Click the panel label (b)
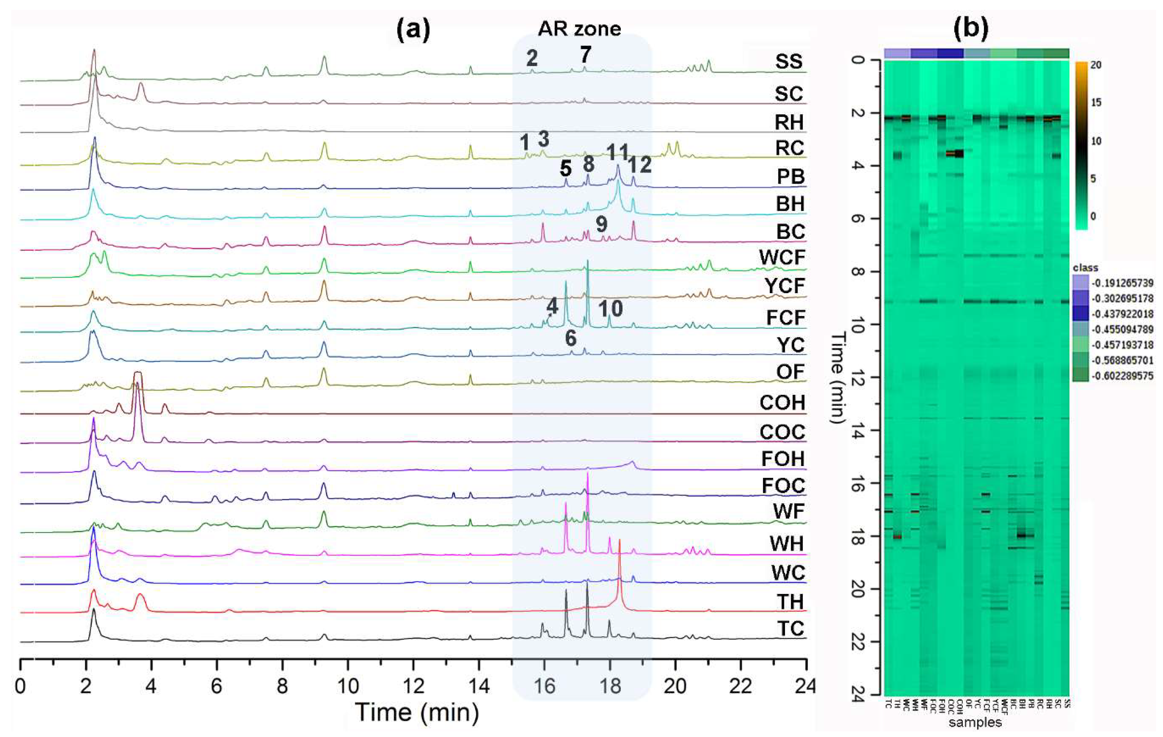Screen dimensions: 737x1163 click(x=971, y=29)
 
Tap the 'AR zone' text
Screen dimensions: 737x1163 click(x=580, y=29)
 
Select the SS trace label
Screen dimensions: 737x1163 click(x=789, y=62)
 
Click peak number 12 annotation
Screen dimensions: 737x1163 click(x=640, y=165)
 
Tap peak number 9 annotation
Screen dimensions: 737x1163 click(x=601, y=224)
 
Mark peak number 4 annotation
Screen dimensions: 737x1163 click(x=552, y=306)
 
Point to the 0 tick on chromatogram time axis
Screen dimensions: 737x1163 click(x=20, y=686)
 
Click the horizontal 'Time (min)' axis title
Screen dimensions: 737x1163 click(x=417, y=712)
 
